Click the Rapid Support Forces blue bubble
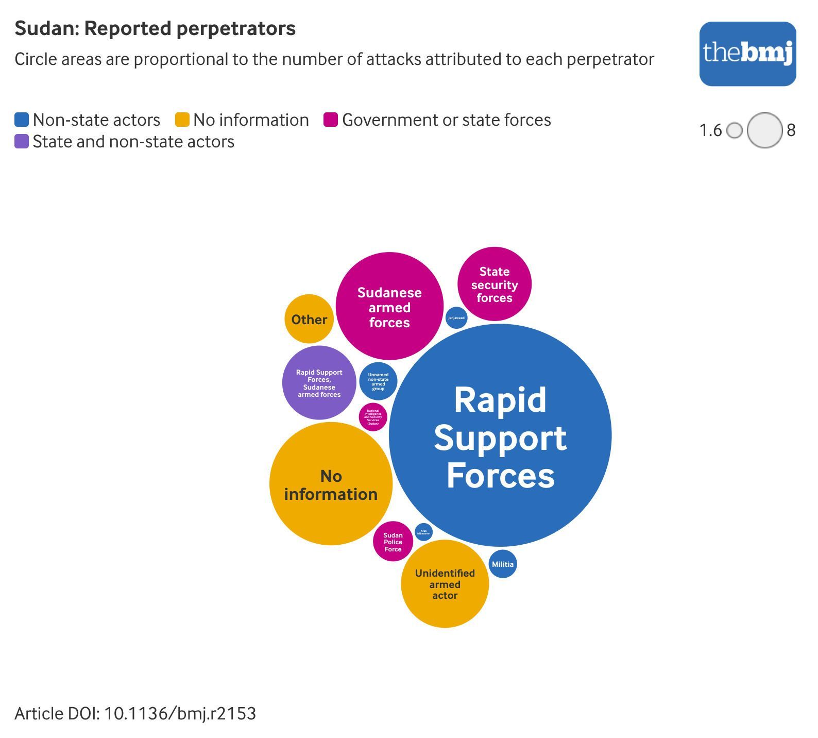tap(500, 435)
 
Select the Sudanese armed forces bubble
tap(389, 306)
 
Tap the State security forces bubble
tap(495, 284)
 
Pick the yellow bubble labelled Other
tap(309, 319)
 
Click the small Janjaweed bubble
tap(456, 317)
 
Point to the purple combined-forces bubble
tap(319, 383)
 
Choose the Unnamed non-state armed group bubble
tap(378, 382)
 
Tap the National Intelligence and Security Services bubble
tap(373, 417)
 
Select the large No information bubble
tap(331, 484)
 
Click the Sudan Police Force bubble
tap(393, 542)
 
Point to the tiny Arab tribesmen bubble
tap(423, 532)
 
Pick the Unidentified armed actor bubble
tap(445, 584)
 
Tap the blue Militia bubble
tap(503, 564)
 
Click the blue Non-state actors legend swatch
tap(22, 120)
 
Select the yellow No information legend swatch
tap(182, 120)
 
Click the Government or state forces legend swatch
tap(331, 120)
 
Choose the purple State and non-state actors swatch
tap(22, 142)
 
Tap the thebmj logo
tap(747, 54)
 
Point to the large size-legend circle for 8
tap(765, 130)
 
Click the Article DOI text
tap(135, 714)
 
